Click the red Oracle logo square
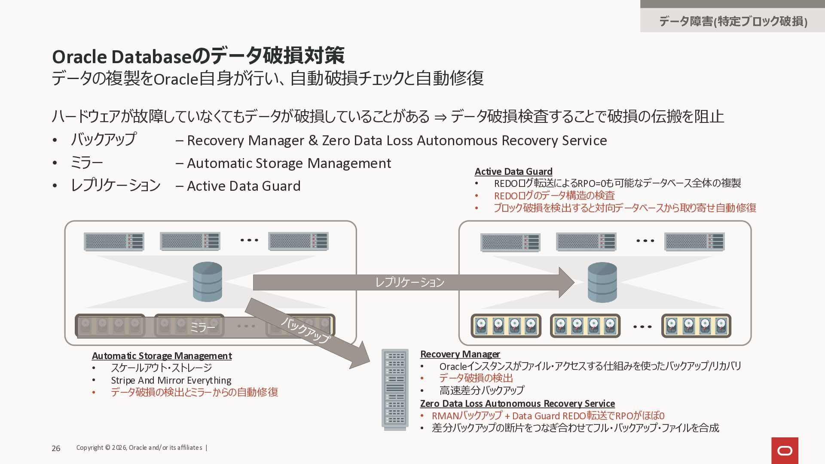785,450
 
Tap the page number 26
56,448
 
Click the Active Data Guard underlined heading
513,171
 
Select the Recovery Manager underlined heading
460,354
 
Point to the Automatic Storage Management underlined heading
162,356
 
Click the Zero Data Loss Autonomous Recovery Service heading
517,403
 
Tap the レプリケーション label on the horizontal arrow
409,282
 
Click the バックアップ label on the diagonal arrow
306,330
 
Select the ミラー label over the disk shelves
202,328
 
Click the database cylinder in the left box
208,282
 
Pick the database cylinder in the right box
602,282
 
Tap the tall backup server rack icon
395,389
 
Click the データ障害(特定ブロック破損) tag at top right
733,21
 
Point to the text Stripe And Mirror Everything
171,380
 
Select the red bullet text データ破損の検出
476,378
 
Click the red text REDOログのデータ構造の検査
554,195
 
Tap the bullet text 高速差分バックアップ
482,390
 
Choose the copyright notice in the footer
139,448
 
